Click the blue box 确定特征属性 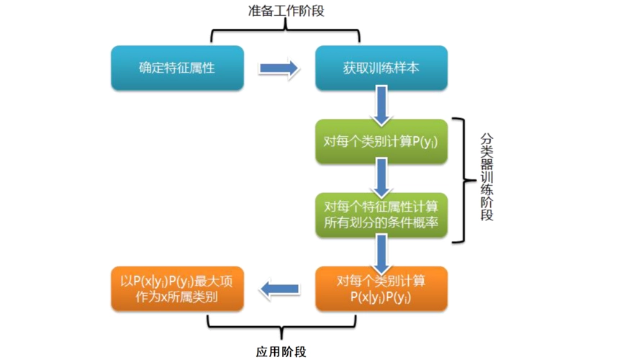(178, 68)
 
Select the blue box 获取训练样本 (381, 68)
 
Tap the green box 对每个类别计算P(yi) (381, 142)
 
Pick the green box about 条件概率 (381, 215)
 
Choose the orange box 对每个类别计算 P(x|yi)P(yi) (381, 289)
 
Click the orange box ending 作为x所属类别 (178, 289)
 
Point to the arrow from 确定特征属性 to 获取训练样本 (279, 68)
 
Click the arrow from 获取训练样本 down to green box (381, 105)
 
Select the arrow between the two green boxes (381, 178)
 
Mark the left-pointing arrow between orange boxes (280, 289)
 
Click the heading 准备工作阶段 (286, 11)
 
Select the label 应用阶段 (281, 352)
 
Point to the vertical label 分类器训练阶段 (486, 177)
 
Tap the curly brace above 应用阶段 (282, 326)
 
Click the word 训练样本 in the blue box (394, 68)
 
